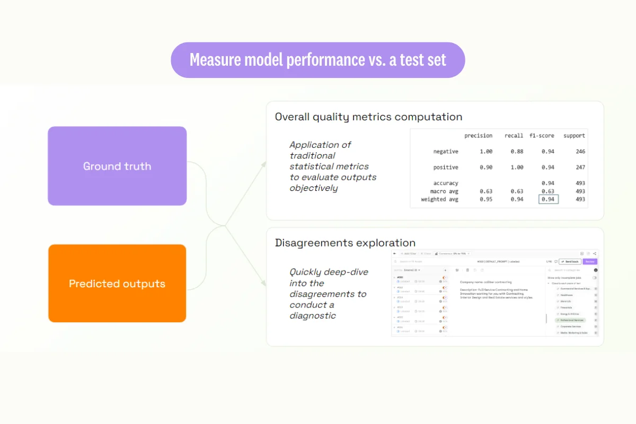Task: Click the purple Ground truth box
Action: (117, 166)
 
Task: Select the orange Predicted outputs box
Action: (117, 284)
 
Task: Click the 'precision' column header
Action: (478, 136)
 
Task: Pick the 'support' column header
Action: (574, 136)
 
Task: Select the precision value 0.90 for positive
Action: (485, 167)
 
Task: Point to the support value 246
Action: (580, 152)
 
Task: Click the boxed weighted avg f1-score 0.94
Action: (548, 199)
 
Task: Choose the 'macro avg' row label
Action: (444, 191)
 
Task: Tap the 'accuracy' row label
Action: (445, 183)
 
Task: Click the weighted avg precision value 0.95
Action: (485, 199)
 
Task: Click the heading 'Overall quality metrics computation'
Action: (368, 117)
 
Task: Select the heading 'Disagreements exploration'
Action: (345, 243)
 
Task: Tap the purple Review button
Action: (590, 262)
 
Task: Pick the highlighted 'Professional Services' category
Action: (571, 320)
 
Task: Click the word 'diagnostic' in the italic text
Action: (313, 316)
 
